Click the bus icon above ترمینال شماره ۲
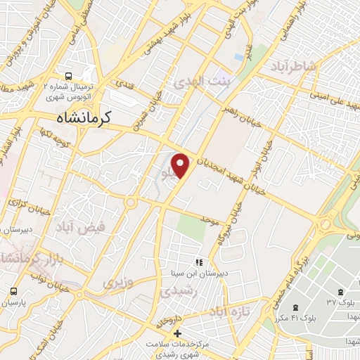[x=68, y=76]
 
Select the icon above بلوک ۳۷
[x=342, y=291]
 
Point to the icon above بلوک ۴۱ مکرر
[x=295, y=307]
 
